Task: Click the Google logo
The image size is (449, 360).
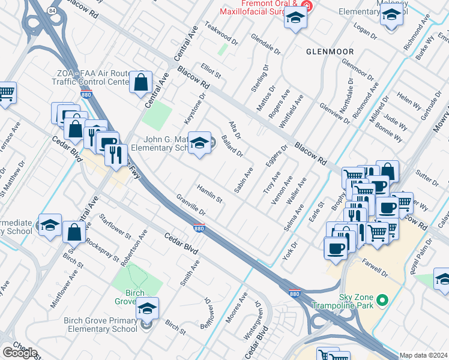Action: pos(19,352)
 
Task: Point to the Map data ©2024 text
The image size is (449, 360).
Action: pos(423,355)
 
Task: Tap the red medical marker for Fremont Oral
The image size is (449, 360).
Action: pos(307,6)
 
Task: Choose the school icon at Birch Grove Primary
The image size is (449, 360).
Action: pos(146,308)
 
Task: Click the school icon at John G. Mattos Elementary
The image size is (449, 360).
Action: pos(199,143)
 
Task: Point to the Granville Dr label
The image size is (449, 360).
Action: pos(191,205)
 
